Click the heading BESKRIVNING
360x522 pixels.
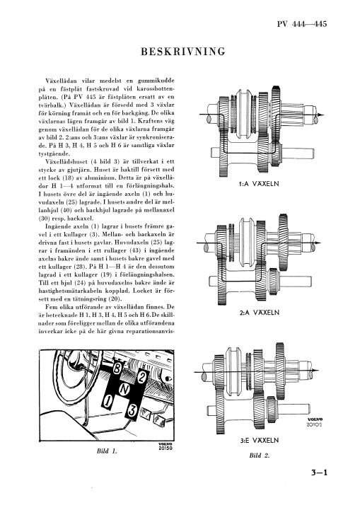coord(183,52)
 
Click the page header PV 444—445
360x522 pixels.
coord(302,23)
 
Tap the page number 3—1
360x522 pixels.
coord(320,472)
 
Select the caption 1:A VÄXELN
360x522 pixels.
coord(259,183)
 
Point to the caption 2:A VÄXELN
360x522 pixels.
coord(259,312)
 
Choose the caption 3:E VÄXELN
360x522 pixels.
coord(259,440)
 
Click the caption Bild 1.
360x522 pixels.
coord(107,451)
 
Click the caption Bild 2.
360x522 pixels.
coord(259,456)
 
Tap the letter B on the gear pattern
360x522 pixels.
coord(117,369)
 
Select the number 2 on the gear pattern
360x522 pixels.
coord(141,376)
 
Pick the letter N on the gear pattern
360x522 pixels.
coord(124,389)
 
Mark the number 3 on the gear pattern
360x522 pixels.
coord(132,410)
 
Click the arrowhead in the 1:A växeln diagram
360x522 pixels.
coord(320,115)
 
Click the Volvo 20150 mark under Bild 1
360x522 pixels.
coord(166,446)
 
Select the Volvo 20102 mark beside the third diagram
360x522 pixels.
coord(315,422)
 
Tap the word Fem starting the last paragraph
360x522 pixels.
coord(51,306)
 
